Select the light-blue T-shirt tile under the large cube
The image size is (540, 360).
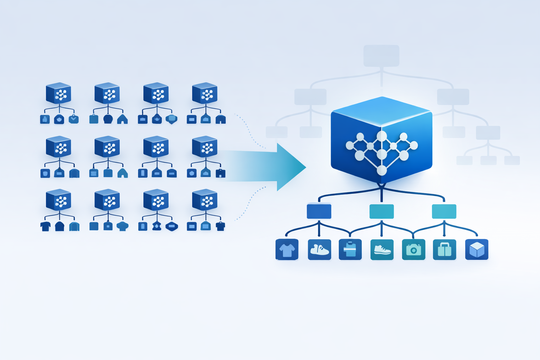coord(287,250)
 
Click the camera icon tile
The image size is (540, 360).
coord(413,250)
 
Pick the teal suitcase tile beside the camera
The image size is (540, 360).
coord(444,250)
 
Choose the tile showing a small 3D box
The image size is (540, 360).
coord(477,250)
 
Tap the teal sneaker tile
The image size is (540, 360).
coord(382,250)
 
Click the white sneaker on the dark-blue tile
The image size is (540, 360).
coord(319,250)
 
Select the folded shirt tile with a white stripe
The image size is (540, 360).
coord(350,250)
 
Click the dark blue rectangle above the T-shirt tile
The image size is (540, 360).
coord(319,211)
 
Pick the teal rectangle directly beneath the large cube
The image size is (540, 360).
coord(381,211)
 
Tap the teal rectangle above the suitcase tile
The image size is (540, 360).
coord(444,211)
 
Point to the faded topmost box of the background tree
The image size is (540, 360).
coord(381,56)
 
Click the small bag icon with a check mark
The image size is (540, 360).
coord(73,119)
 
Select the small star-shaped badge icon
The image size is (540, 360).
coord(157,226)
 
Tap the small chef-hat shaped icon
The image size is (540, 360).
coord(122,226)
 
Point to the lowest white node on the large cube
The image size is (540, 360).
coord(382,171)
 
